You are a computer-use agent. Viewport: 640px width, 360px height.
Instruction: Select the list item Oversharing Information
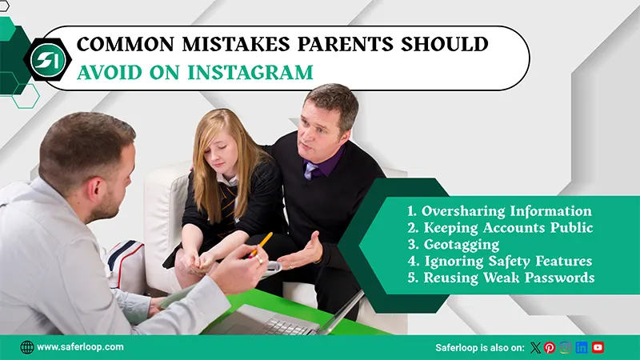point(498,211)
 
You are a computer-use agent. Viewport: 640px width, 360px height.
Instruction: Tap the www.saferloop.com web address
point(80,347)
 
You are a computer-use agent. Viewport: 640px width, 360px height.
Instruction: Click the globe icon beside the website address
point(27,347)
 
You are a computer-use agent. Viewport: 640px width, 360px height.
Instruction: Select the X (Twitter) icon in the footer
point(535,347)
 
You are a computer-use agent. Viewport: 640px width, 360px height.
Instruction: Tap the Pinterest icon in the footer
point(550,347)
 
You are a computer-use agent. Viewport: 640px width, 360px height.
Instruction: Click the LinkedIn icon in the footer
point(582,347)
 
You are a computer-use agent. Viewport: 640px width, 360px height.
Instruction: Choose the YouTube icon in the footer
point(598,347)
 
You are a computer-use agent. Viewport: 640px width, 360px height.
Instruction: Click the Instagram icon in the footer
point(566,347)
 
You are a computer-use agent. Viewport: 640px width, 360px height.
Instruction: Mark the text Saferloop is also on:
point(479,347)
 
